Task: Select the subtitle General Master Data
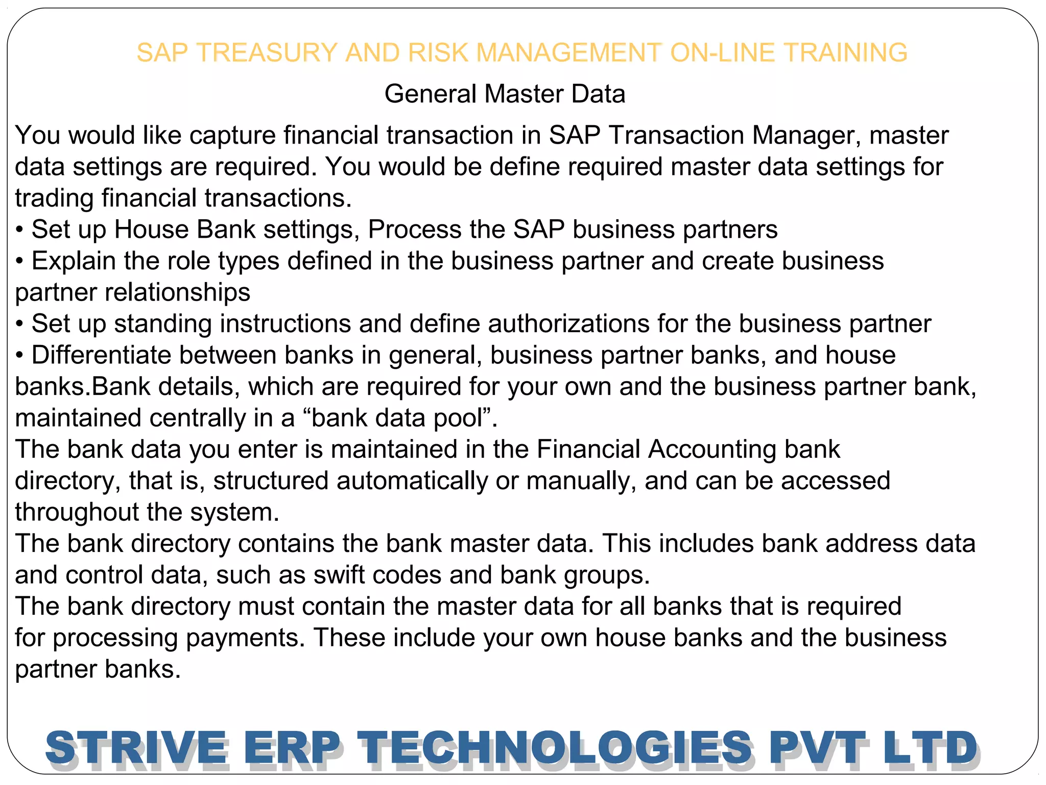coord(505,94)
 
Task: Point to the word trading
coord(55,199)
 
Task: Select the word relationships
coord(177,292)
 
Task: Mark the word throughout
coord(77,513)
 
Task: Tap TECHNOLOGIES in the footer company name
coord(554,748)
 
